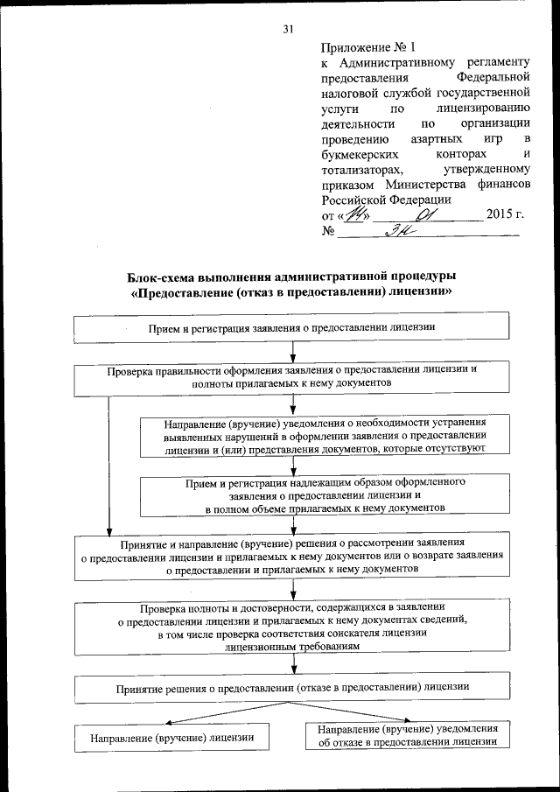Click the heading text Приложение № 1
pyautogui.click(x=360, y=48)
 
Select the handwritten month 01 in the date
pyautogui.click(x=425, y=213)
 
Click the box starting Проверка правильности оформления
pyautogui.click(x=291, y=376)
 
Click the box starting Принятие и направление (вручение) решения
pyautogui.click(x=291, y=555)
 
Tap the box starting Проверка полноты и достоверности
pyautogui.click(x=291, y=626)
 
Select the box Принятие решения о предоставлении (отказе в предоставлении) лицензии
pyautogui.click(x=291, y=688)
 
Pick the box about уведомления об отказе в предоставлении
pyautogui.click(x=408, y=735)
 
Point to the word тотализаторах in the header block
pyautogui.click(x=360, y=169)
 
